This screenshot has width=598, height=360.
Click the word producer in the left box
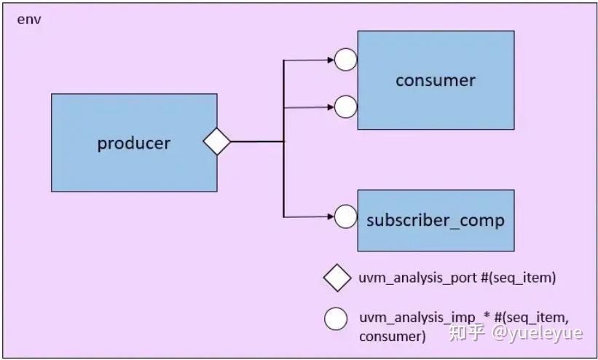[x=133, y=144]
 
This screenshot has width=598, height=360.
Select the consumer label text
[x=435, y=80]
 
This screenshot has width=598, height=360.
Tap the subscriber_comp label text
[x=435, y=220]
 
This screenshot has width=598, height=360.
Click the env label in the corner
[x=28, y=19]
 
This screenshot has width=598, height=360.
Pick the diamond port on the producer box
[x=216, y=141]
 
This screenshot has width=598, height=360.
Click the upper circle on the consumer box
[x=346, y=60]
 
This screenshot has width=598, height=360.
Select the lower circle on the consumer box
[x=346, y=107]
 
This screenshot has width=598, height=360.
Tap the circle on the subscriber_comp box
[x=346, y=216]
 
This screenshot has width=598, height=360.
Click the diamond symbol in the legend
[x=337, y=278]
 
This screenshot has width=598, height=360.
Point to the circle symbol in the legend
[x=336, y=318]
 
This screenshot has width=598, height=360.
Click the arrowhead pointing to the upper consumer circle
[x=330, y=60]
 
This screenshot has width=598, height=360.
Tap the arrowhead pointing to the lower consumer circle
[x=330, y=107]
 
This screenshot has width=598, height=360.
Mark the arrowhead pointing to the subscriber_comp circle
[x=330, y=216]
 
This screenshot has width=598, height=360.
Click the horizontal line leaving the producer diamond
[x=256, y=141]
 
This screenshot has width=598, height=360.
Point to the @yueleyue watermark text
[x=537, y=334]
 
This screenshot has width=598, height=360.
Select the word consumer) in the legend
[x=392, y=336]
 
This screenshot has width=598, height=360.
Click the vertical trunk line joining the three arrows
[x=283, y=175]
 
